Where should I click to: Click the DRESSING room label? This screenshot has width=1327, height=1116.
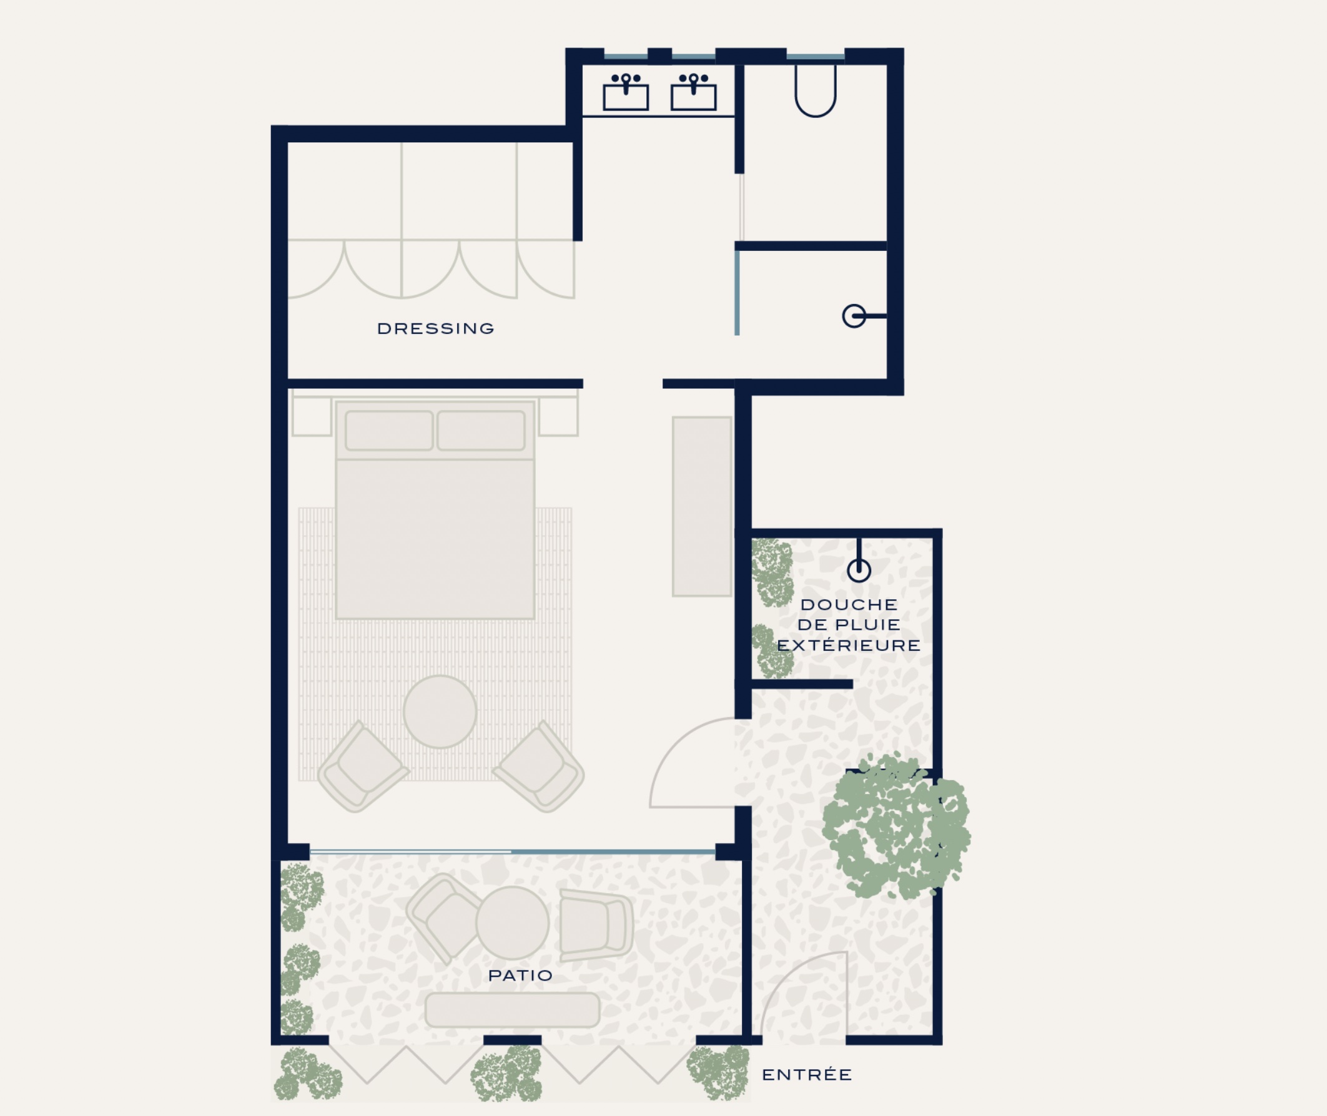point(435,328)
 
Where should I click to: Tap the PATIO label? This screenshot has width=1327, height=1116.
point(520,975)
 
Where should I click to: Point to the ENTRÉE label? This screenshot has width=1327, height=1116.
point(807,1074)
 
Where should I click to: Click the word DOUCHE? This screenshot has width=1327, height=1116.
point(849,604)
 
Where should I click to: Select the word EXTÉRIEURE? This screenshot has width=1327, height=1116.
point(849,645)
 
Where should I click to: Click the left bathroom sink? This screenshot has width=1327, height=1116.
point(626,92)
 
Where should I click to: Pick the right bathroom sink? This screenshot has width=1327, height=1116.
point(694,92)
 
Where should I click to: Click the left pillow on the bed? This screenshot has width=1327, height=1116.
point(389,430)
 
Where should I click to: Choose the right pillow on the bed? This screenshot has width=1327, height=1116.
point(481,430)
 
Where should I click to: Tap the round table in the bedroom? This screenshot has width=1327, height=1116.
point(440,712)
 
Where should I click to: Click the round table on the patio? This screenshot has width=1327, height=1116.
point(512,923)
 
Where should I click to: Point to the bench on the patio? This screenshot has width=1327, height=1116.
point(512,1010)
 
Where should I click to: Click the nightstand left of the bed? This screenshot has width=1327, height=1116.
point(312,416)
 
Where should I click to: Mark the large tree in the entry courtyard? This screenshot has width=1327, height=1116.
point(895,826)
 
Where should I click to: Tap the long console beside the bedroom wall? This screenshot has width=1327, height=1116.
point(702,506)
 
